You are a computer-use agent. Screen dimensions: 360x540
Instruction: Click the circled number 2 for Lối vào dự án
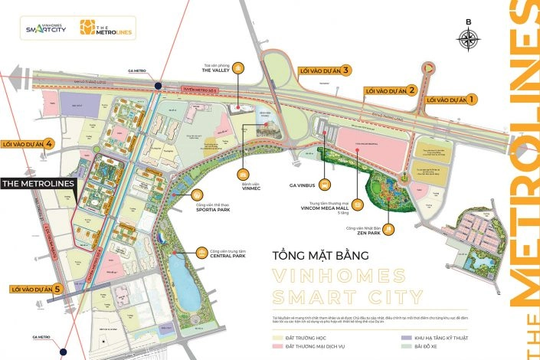[x=412, y=90]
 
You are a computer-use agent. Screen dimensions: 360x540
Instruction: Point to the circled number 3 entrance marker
[x=346, y=70]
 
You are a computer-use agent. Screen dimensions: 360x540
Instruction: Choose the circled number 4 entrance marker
[x=48, y=143]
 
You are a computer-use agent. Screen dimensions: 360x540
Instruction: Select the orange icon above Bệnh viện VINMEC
[x=243, y=175]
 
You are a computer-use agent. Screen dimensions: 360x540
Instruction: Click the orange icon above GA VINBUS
[x=325, y=185]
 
